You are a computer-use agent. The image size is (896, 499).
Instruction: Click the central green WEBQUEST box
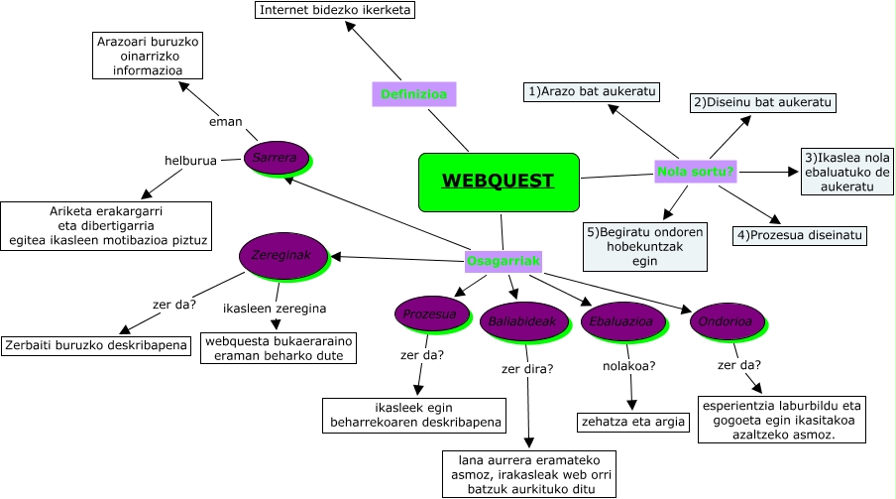click(498, 182)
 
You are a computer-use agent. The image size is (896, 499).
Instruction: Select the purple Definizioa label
click(412, 94)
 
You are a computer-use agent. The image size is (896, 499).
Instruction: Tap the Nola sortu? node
click(696, 172)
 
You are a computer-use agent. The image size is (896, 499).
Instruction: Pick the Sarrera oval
click(276, 158)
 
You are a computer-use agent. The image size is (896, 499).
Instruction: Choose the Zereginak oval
click(282, 255)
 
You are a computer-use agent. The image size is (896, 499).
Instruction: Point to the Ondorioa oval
click(725, 321)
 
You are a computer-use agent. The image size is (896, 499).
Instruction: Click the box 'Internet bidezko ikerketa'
click(335, 10)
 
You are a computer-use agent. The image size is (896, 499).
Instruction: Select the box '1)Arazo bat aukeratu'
click(592, 91)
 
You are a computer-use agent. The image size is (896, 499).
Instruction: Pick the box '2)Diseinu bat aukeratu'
click(763, 102)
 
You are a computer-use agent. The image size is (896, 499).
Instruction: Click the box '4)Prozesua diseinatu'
click(800, 235)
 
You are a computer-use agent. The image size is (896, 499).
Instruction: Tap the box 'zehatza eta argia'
click(632, 422)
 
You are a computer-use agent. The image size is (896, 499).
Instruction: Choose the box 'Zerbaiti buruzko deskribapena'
click(96, 345)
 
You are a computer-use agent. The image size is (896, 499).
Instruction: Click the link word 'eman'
click(225, 121)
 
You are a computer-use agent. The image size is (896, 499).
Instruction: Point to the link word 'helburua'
click(190, 160)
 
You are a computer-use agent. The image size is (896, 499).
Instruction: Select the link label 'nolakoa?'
click(629, 366)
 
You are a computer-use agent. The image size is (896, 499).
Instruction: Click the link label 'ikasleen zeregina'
click(275, 308)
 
